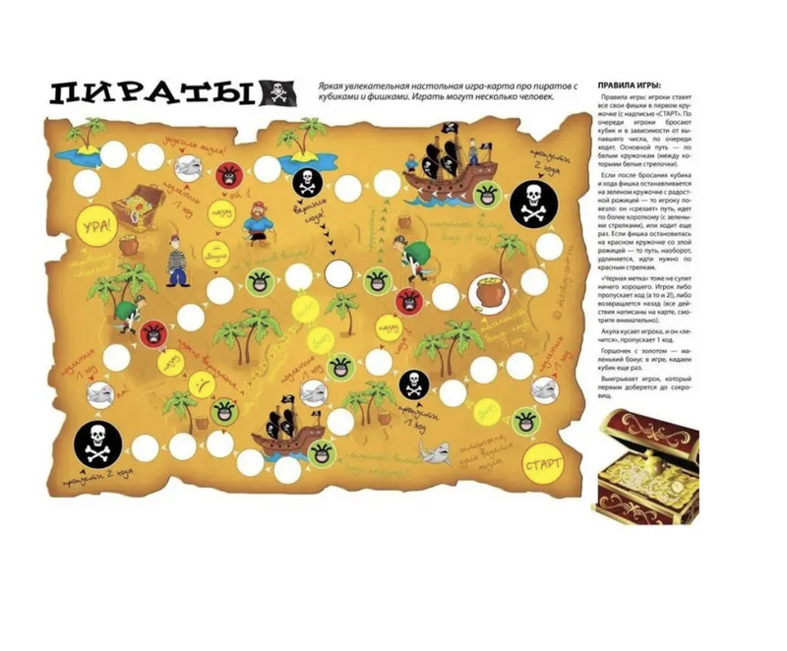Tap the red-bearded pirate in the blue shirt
point(258,224)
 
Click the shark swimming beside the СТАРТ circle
point(434,452)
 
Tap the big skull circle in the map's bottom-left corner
point(97,444)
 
